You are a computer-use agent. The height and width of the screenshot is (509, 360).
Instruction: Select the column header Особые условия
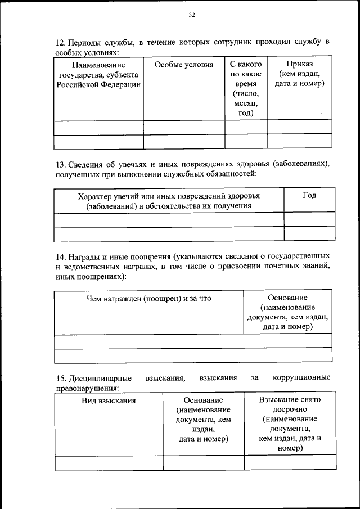(x=184, y=65)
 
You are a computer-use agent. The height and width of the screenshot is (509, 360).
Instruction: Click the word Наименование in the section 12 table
(x=97, y=65)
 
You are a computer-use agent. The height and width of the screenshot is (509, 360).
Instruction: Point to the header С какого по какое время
(x=246, y=88)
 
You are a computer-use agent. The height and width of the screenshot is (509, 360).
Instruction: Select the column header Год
(x=309, y=195)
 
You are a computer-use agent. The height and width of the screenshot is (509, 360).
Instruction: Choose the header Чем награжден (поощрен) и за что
(x=148, y=298)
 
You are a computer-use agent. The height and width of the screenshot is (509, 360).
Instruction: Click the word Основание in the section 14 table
(x=287, y=298)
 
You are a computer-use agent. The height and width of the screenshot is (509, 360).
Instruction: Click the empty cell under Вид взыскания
(x=109, y=462)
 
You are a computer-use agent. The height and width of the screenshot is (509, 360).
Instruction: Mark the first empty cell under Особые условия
(x=184, y=127)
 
